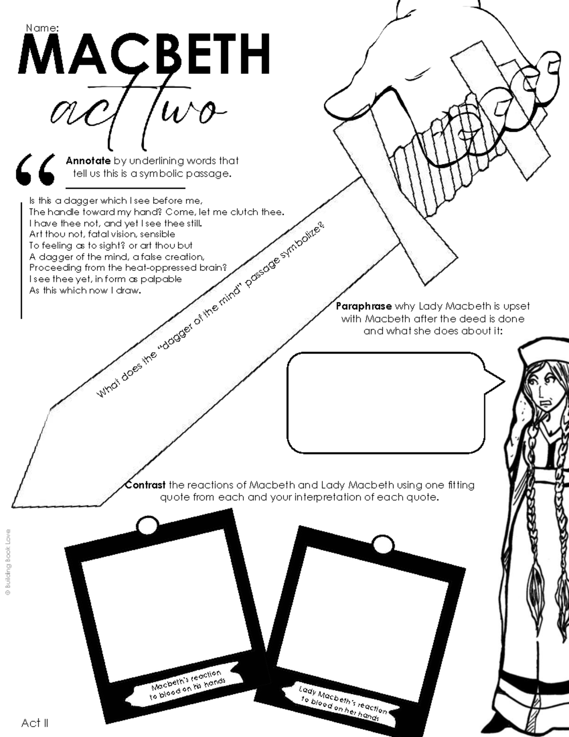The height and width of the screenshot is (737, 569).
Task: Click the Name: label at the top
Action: coord(42,28)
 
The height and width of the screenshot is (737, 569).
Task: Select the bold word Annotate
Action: coord(88,161)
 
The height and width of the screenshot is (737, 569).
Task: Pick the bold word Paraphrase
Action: coord(364,306)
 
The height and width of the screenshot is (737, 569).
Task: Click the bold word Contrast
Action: coord(146,485)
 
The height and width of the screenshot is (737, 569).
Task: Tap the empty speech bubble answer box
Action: coord(386,402)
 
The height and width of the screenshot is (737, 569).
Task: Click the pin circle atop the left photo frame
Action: coord(147,525)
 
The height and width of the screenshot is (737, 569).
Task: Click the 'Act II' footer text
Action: coord(35,723)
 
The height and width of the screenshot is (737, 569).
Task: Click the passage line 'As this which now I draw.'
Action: coord(85,290)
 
